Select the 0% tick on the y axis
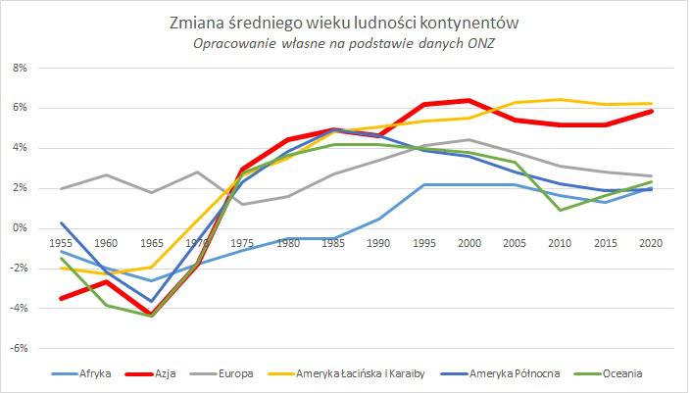22,227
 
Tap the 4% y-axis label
22,148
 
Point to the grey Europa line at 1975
243,204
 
